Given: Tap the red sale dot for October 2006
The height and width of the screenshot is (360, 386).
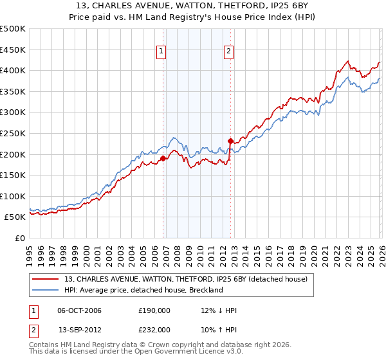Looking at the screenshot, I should tap(163, 158).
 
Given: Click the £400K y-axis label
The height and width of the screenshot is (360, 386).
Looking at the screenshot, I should tap(13, 70).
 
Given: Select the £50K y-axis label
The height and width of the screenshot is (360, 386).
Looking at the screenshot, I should tap(15, 217).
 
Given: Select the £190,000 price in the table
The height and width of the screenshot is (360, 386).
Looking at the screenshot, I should tap(154, 310).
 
